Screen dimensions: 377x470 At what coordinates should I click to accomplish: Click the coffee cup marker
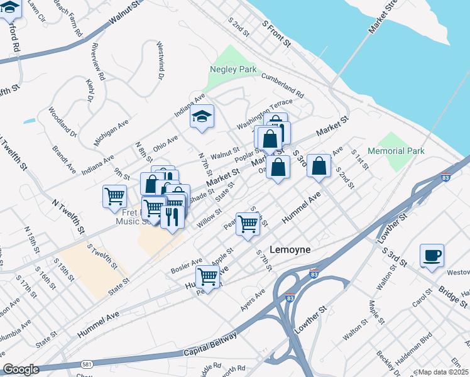[432, 256]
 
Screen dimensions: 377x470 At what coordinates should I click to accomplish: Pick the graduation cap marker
[202, 116]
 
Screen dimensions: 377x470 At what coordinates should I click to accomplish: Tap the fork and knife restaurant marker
[172, 217]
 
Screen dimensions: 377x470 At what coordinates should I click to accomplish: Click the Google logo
[21, 369]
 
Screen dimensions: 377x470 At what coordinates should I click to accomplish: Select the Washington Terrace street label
[265, 109]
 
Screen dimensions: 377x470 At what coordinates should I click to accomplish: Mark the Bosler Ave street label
[187, 266]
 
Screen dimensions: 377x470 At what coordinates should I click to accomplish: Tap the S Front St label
[276, 35]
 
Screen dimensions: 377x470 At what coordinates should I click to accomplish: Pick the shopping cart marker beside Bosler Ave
[207, 275]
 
